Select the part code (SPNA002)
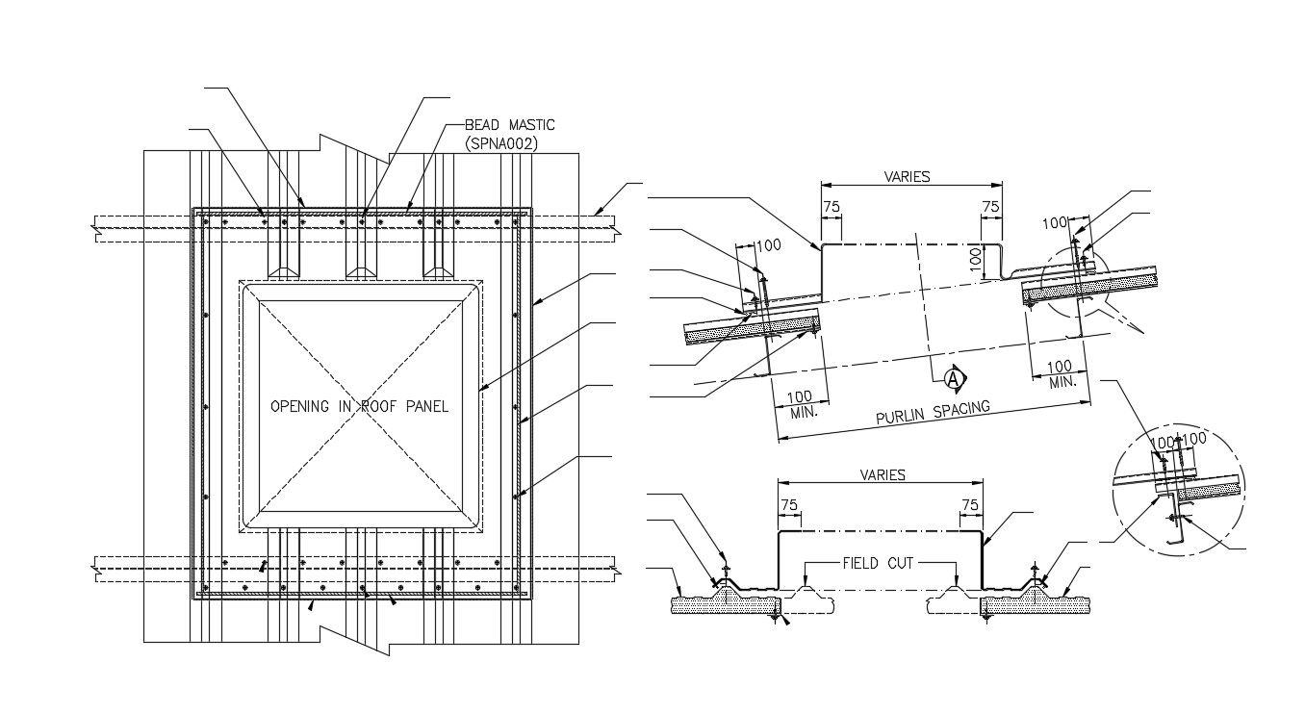pos(500,143)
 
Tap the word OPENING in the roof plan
pos(301,406)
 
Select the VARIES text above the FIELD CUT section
pos(883,475)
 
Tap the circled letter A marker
pos(954,379)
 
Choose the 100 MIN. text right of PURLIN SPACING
pos(1060,373)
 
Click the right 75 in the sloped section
pos(990,207)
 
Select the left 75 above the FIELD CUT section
pos(789,505)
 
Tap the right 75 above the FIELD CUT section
pos(970,505)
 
